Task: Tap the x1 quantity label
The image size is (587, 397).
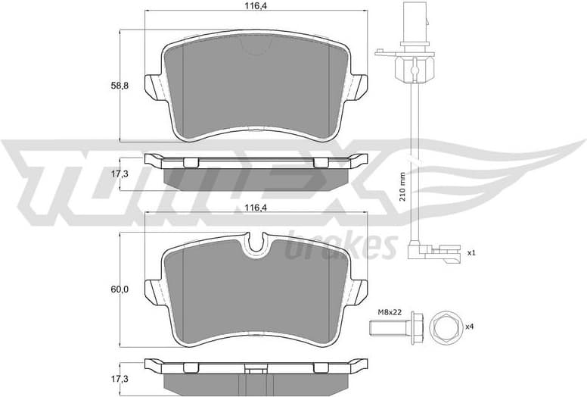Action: (x=471, y=253)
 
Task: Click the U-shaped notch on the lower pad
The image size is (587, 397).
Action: (x=256, y=245)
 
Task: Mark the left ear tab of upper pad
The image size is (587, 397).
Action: (x=156, y=86)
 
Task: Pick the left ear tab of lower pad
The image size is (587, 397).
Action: (x=156, y=291)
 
